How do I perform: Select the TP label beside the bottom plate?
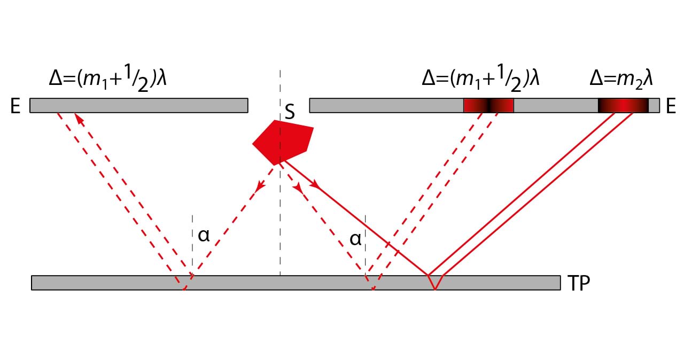[x=578, y=284]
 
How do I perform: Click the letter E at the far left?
[x=15, y=107]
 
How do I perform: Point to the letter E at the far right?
[x=671, y=107]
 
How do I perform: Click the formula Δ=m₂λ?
[x=621, y=79]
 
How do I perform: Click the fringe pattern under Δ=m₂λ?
[x=623, y=105]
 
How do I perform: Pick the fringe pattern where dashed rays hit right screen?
[x=488, y=105]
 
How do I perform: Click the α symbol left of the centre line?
[x=204, y=236]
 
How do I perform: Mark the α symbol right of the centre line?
[x=355, y=239]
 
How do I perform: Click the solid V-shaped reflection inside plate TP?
[x=435, y=283]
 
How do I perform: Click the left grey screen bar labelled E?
[x=138, y=105]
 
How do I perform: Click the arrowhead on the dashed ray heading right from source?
[x=298, y=188]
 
